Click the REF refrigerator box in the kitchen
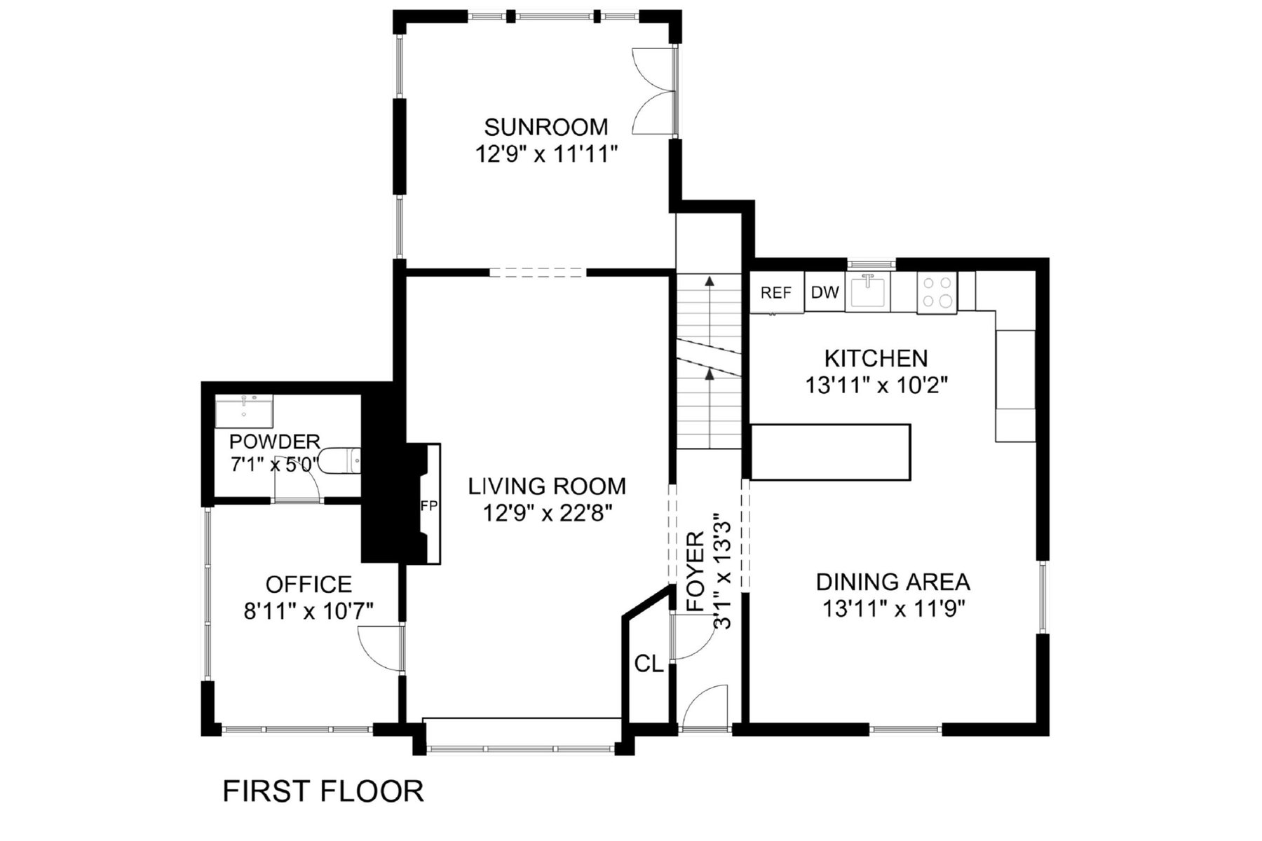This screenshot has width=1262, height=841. pos(777,292)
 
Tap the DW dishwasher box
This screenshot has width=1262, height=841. pos(825,292)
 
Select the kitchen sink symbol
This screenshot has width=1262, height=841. pos(868,292)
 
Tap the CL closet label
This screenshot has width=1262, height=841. pos(649,664)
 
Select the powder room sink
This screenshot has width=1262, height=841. pos(244,412)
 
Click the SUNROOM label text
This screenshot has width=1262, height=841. pos(546,127)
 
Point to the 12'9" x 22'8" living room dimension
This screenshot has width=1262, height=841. pos(548,514)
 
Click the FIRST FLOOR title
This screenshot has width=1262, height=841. pos(323,791)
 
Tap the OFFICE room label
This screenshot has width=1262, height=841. pos(308,584)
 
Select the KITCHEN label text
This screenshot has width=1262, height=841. pos(876,358)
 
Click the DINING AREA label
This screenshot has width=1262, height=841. pos(893,582)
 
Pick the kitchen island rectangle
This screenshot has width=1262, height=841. pos(831,452)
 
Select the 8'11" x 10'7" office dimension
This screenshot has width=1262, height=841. pos(308,611)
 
